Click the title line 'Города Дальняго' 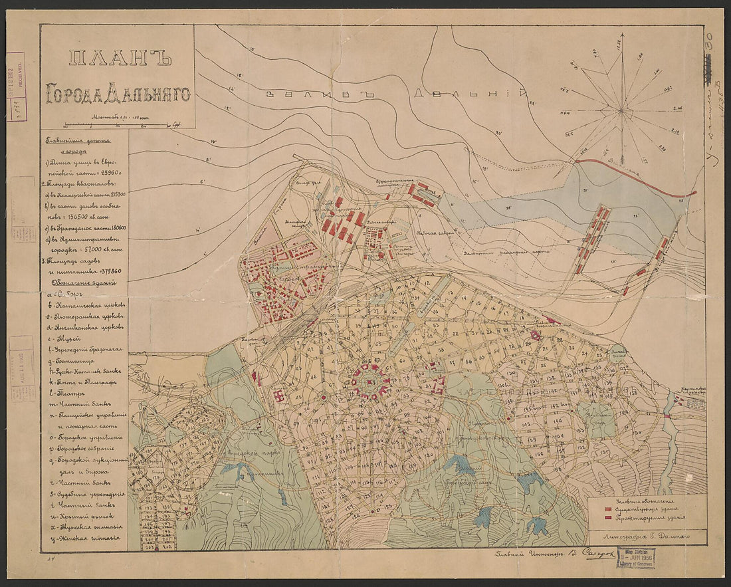[x=117, y=94]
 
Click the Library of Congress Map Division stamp [x=635, y=558]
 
